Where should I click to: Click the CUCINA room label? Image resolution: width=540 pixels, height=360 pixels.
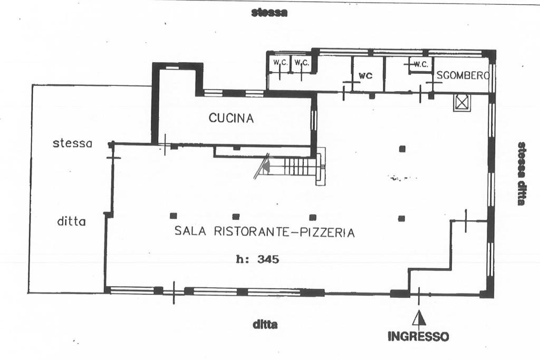[x=231, y=118]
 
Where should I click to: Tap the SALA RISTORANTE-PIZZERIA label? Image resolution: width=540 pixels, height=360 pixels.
[x=264, y=232]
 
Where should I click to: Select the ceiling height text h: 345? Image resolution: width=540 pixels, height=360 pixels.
[x=257, y=259]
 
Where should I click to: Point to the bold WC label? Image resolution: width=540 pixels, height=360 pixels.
[x=365, y=75]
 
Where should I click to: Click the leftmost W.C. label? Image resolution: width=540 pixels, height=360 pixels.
[x=279, y=63]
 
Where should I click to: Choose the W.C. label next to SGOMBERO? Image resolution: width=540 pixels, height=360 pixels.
[x=420, y=64]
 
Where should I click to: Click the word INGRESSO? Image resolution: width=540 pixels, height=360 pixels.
[x=418, y=336]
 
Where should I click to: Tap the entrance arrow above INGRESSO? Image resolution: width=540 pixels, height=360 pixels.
[x=419, y=318]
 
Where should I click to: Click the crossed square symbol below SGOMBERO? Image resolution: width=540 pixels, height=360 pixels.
[x=461, y=102]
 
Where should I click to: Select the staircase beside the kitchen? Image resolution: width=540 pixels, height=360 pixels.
[x=295, y=168]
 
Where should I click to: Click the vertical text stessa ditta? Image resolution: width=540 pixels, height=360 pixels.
[x=522, y=173]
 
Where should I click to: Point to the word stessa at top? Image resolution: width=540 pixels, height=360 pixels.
[x=269, y=13]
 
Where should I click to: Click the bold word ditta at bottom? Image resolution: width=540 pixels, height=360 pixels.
[x=265, y=325]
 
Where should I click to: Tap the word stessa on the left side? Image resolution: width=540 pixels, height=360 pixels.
[x=72, y=143]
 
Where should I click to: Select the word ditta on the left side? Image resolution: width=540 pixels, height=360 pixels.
[x=71, y=222]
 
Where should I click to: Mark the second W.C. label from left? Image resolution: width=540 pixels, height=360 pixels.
[x=302, y=63]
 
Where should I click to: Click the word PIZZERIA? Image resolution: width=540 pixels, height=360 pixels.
[x=327, y=232]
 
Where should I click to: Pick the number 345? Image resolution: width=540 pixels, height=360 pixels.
[x=267, y=259]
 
